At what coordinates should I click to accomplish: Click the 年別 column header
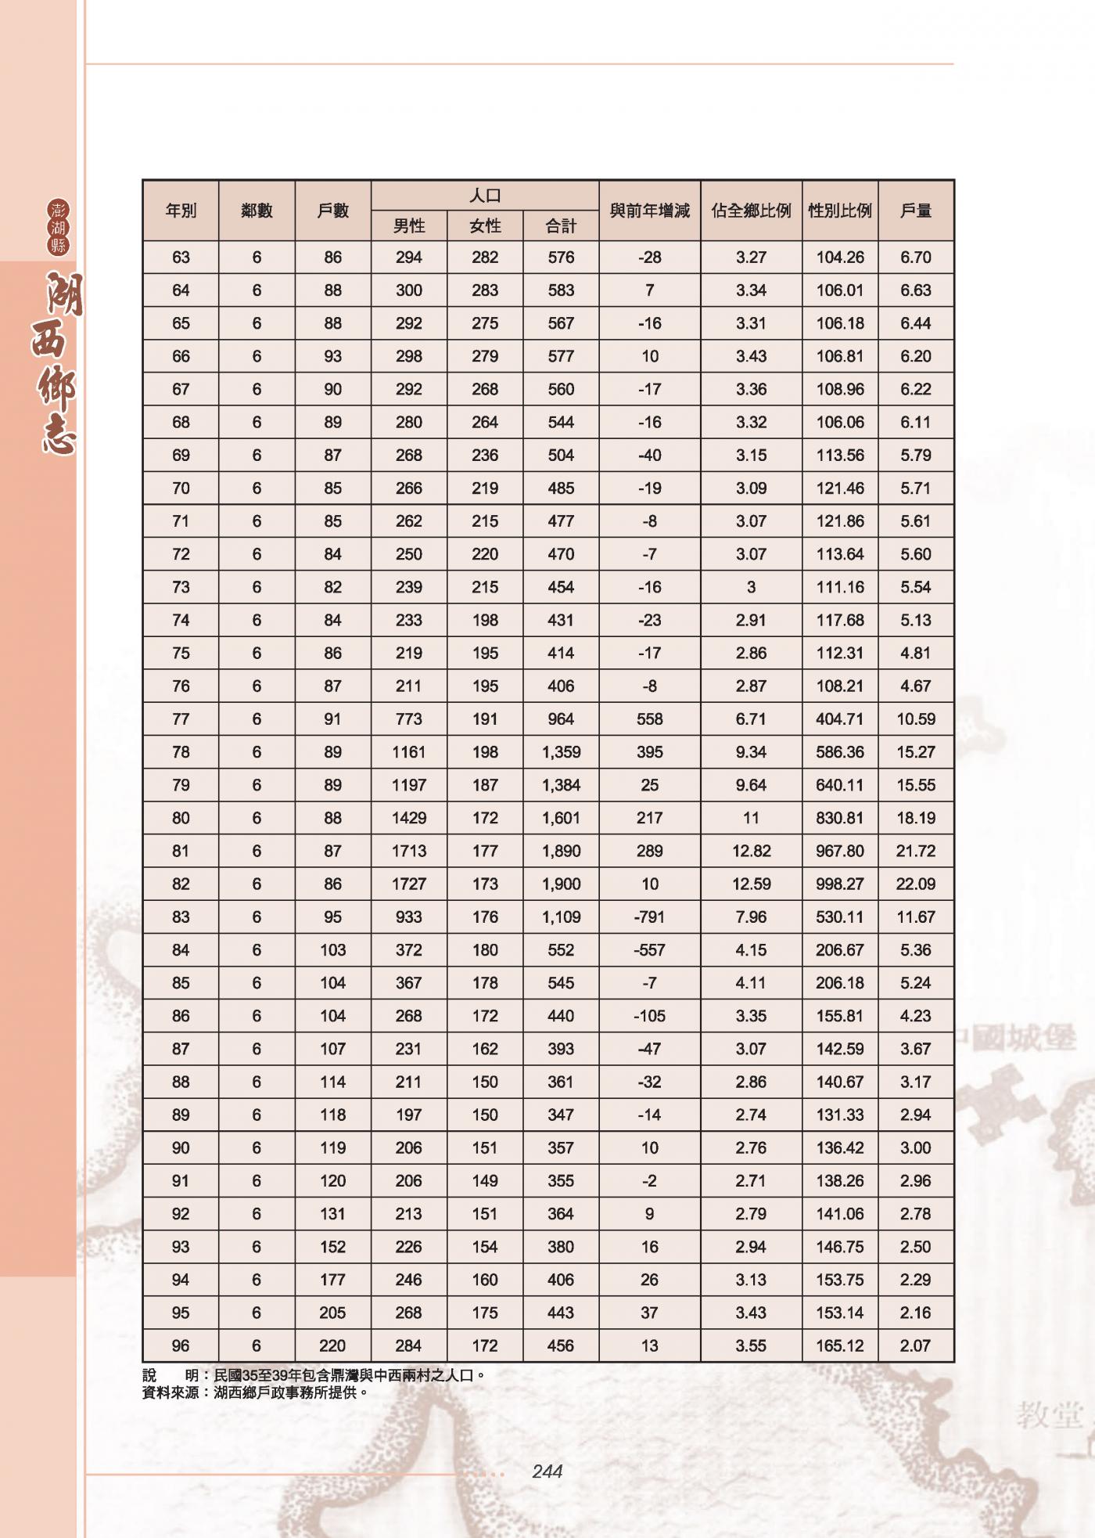tap(181, 211)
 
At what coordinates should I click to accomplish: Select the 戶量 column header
tap(916, 211)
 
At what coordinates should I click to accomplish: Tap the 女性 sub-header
tap(485, 226)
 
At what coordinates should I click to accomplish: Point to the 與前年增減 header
tap(649, 211)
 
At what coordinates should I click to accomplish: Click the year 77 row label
tap(181, 719)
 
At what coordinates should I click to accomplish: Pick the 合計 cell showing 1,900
tap(561, 884)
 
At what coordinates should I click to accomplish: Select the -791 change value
tap(649, 917)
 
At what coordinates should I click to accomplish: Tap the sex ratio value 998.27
tap(839, 884)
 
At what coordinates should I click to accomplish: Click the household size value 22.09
tap(916, 884)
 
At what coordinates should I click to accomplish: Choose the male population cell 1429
tap(409, 818)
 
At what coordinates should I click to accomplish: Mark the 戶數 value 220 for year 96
tap(332, 1345)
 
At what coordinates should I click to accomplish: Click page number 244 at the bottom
tap(547, 1471)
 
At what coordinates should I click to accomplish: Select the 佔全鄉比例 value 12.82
tap(751, 851)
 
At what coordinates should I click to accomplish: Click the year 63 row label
tap(181, 257)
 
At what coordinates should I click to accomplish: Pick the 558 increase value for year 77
tap(649, 719)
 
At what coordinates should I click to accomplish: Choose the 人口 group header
tap(485, 196)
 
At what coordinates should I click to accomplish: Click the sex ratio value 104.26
tap(839, 257)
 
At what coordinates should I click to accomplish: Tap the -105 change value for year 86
tap(649, 1016)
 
